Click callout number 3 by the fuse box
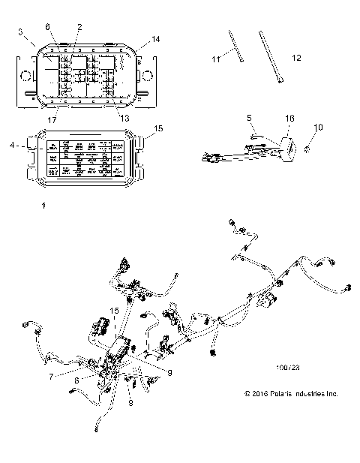coord(21,33)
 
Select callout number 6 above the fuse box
coord(48,27)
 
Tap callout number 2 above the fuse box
coord(79,27)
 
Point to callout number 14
coord(154,38)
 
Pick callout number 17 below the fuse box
coord(52,117)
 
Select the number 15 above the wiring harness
coord(115,309)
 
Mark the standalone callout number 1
coord(43,204)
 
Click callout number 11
coord(215,58)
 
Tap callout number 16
coord(290,118)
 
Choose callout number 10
coord(318,128)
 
